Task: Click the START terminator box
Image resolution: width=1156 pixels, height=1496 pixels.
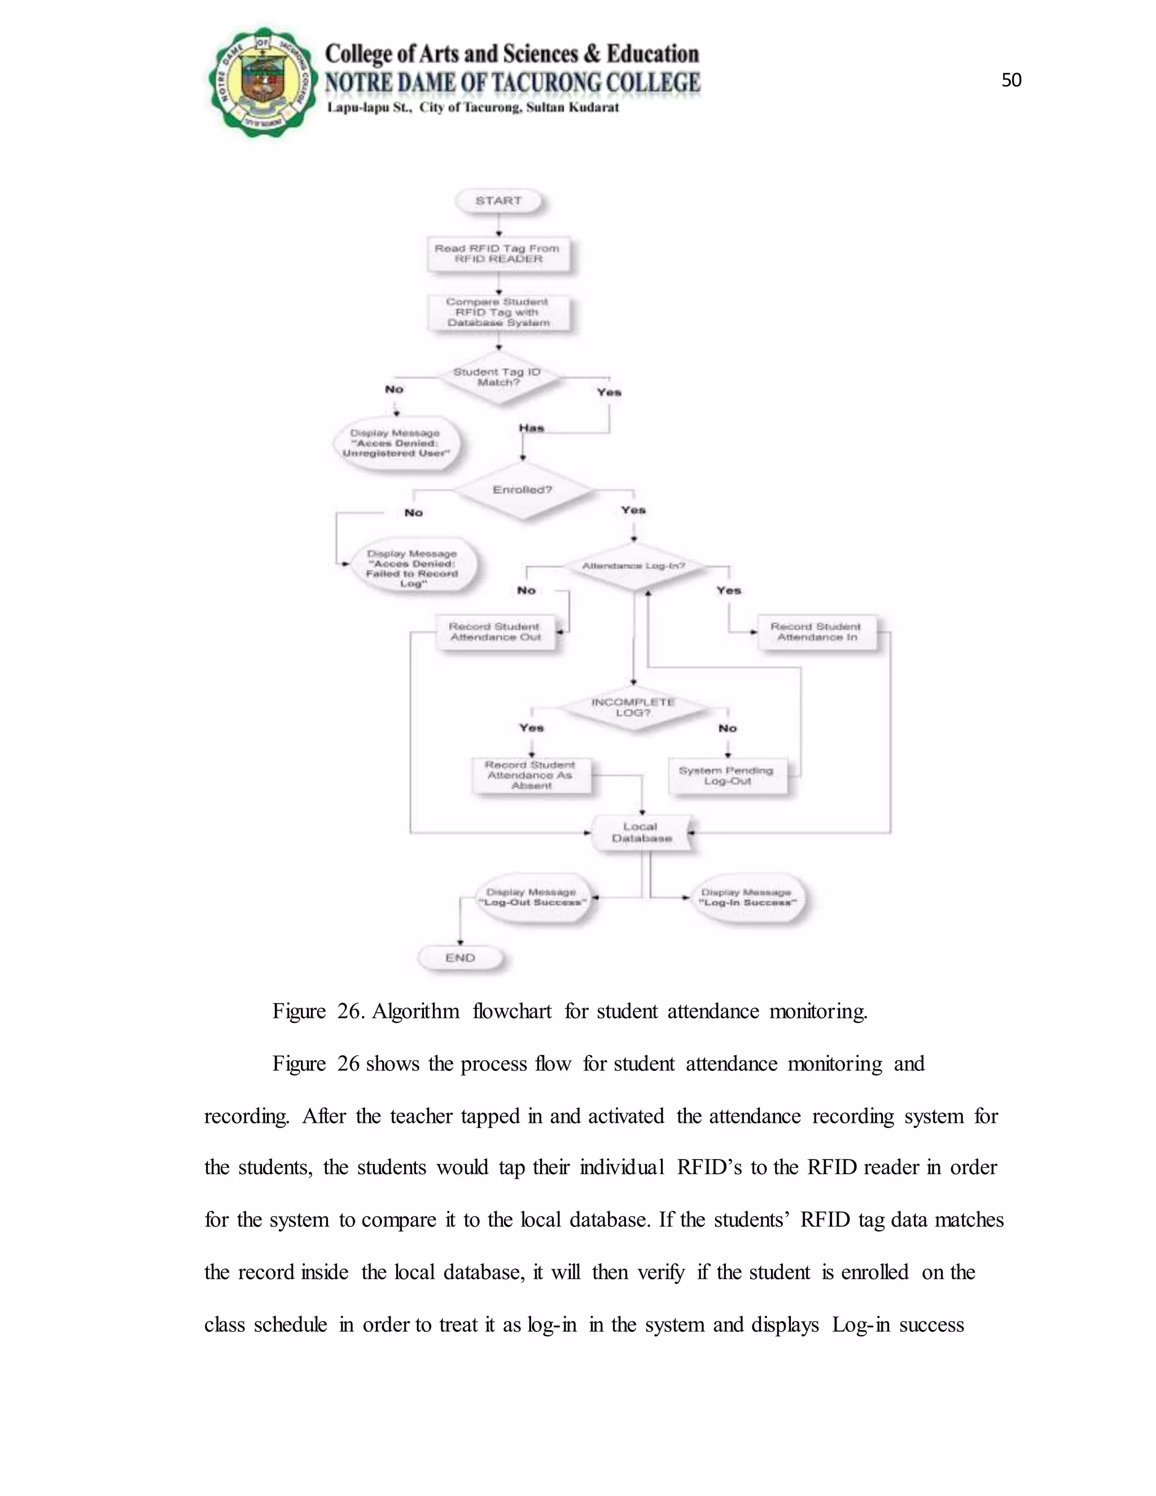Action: [x=498, y=201]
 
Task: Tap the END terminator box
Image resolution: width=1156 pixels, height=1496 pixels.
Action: [x=460, y=957]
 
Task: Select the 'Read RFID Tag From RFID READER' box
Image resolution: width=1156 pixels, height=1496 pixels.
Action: [x=498, y=254]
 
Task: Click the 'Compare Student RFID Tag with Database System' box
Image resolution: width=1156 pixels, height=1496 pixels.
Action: [x=498, y=312]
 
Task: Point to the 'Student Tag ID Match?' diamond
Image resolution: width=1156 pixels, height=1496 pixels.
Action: [x=498, y=378]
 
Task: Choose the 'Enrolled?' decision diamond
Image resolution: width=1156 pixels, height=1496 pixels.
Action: [x=523, y=490]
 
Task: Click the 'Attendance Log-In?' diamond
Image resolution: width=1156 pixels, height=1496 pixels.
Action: [x=633, y=566]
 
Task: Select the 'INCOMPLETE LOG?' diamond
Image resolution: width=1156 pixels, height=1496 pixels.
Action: [x=633, y=707]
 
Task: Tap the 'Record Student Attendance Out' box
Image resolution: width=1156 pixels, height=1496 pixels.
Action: [x=495, y=632]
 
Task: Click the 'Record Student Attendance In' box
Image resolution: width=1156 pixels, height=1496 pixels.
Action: [x=816, y=632]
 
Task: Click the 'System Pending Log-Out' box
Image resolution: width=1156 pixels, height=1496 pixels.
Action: [x=726, y=776]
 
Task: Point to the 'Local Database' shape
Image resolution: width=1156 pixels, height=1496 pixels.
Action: [x=642, y=833]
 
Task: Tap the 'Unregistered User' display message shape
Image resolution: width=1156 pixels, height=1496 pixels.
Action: [x=396, y=443]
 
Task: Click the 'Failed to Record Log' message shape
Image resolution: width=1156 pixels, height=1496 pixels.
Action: [x=412, y=568]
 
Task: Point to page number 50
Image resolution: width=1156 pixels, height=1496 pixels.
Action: [x=1011, y=81]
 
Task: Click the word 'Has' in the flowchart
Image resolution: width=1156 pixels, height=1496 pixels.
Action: [x=531, y=428]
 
